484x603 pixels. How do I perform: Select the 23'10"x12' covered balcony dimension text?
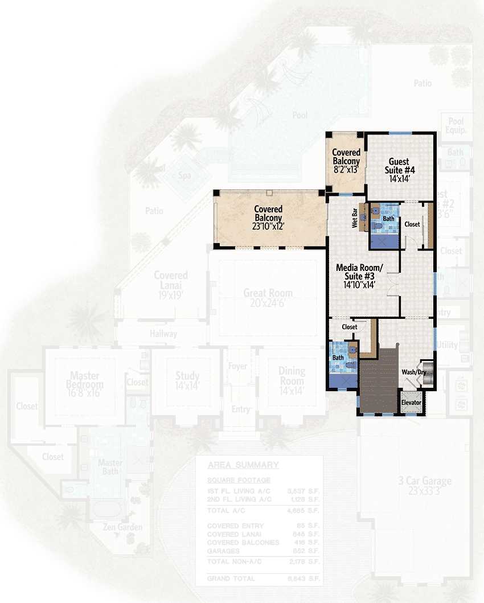click(x=268, y=226)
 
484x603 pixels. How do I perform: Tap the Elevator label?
click(x=411, y=403)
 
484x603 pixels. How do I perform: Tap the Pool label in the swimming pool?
click(x=300, y=116)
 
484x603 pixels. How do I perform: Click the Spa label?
click(x=184, y=175)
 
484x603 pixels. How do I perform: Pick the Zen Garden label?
click(x=122, y=527)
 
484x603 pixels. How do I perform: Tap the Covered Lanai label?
click(x=171, y=280)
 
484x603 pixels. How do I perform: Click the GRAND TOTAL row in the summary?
click(x=259, y=579)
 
